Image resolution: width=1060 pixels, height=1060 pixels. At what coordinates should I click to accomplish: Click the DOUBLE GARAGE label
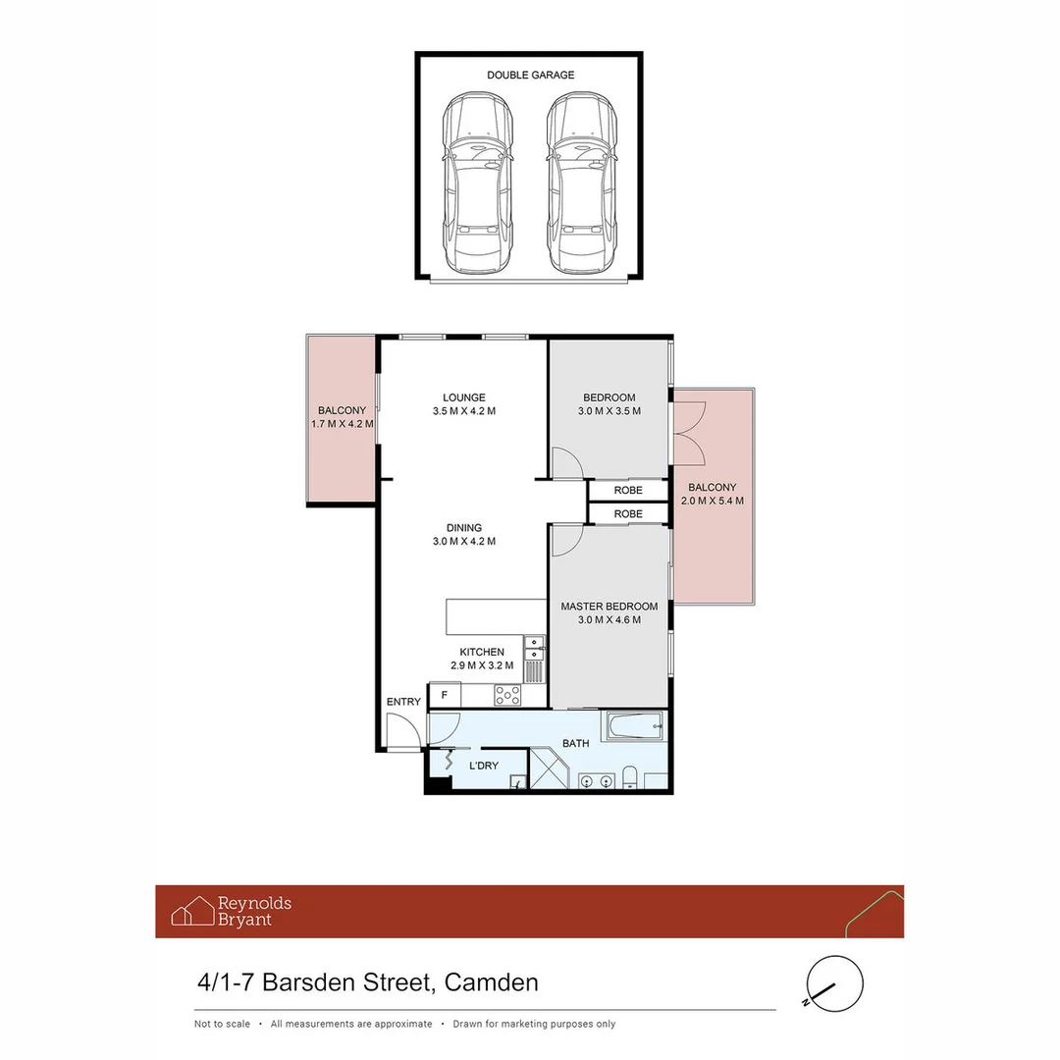530,75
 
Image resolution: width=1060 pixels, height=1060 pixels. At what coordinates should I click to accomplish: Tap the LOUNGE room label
464,397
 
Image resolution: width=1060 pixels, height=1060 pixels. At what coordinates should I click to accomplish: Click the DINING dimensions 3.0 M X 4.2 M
464,541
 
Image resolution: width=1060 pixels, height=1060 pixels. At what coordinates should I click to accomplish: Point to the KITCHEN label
482,652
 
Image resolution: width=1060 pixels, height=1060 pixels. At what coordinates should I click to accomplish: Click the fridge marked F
445,696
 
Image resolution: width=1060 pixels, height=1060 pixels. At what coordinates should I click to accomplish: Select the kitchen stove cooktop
507,695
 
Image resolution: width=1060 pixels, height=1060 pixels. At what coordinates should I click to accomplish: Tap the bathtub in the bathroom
634,726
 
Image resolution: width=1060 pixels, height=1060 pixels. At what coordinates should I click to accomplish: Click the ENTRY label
403,702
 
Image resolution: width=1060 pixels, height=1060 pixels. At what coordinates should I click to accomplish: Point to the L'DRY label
484,766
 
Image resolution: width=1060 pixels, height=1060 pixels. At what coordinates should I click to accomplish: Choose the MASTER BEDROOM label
609,607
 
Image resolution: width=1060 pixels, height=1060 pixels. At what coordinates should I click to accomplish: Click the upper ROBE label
628,490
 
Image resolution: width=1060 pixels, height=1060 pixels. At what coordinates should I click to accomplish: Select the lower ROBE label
628,513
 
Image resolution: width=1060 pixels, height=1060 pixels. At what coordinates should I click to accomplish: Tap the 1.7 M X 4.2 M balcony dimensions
342,424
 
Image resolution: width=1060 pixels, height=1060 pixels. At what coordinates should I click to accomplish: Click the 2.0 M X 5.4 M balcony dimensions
712,501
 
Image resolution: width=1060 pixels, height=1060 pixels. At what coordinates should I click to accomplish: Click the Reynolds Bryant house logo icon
192,911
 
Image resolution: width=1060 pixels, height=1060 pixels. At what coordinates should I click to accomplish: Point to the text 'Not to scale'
222,1024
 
